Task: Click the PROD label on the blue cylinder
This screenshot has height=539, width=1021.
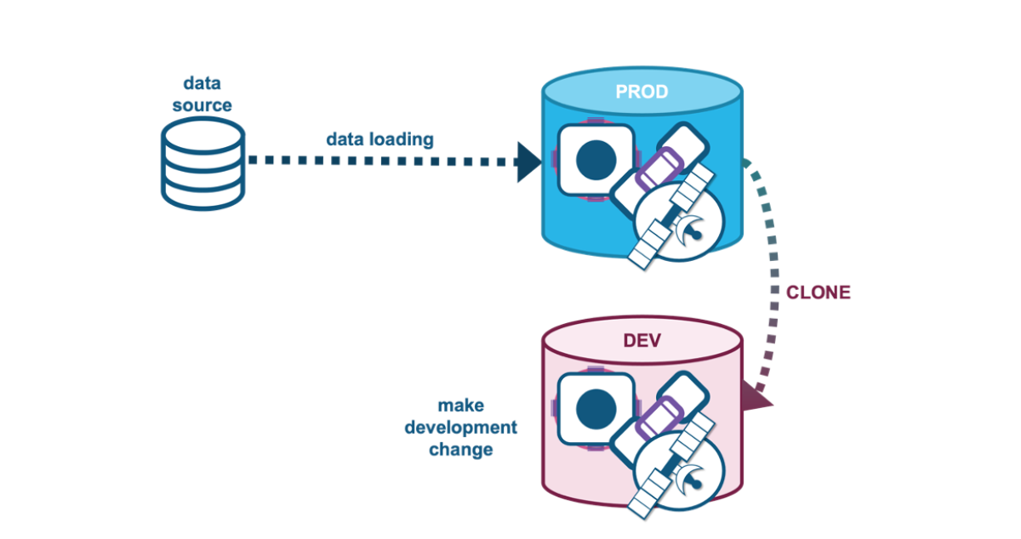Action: click(642, 91)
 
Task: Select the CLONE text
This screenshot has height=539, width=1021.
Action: click(818, 292)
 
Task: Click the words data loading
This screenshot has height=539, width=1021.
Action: click(379, 139)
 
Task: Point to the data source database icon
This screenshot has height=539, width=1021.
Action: click(202, 163)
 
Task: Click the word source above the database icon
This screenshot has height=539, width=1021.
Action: click(202, 105)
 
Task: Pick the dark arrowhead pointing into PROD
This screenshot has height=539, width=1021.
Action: click(529, 162)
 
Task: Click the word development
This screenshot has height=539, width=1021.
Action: click(460, 427)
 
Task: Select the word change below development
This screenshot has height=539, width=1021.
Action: click(460, 449)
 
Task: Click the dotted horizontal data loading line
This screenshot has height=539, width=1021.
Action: click(383, 161)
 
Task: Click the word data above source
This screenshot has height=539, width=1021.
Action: click(202, 83)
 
